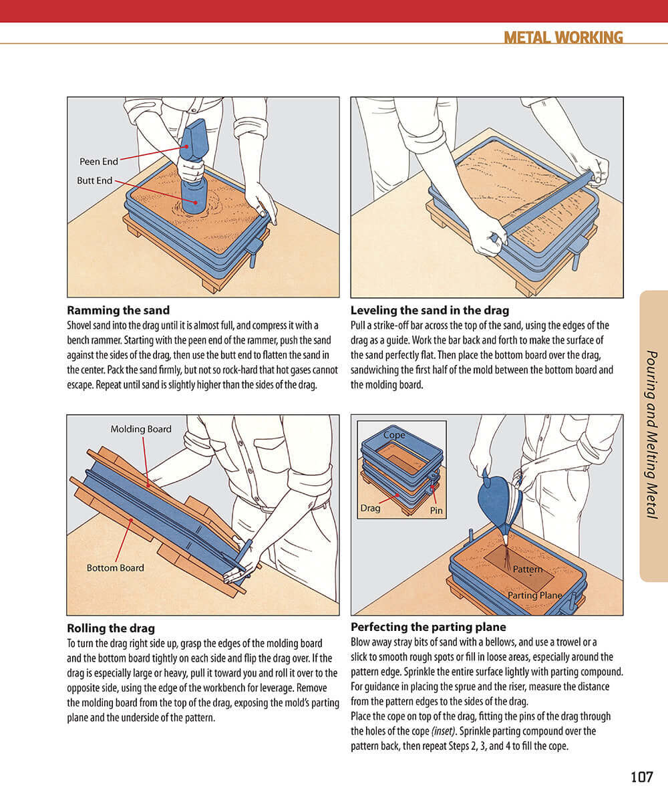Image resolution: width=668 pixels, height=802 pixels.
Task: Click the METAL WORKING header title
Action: [x=563, y=37]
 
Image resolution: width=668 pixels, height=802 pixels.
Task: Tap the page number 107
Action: [x=641, y=777]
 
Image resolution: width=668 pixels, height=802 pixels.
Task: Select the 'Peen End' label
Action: [x=99, y=162]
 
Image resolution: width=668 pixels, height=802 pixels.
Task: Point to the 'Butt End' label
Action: [x=95, y=180]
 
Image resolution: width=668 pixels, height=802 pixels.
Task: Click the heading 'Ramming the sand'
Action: [x=118, y=310]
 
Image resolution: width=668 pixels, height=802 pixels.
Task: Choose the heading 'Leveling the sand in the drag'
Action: [x=430, y=310]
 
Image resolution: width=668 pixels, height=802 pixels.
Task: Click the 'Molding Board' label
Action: [x=141, y=429]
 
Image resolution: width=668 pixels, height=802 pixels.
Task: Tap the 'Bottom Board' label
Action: [x=115, y=567]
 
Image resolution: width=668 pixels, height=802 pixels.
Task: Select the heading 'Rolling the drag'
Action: [x=111, y=628]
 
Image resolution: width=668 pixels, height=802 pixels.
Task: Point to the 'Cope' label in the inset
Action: [x=394, y=435]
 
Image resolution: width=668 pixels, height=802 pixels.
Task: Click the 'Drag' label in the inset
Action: [x=370, y=508]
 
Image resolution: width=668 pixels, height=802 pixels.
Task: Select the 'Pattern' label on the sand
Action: [x=528, y=569]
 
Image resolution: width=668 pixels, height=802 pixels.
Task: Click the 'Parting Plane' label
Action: [x=534, y=595]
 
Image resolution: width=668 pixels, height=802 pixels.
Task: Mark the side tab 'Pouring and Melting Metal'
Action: [x=653, y=435]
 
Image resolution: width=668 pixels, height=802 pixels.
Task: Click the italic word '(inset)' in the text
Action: [x=442, y=731]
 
